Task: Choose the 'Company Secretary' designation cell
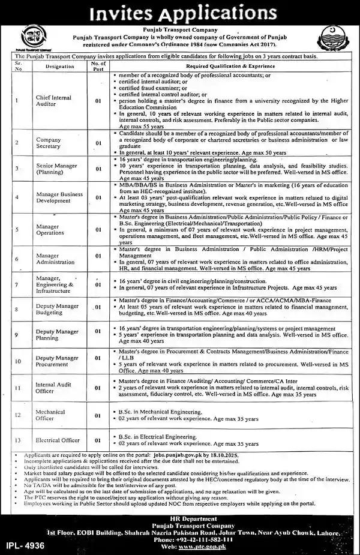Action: pyautogui.click(x=58, y=143)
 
